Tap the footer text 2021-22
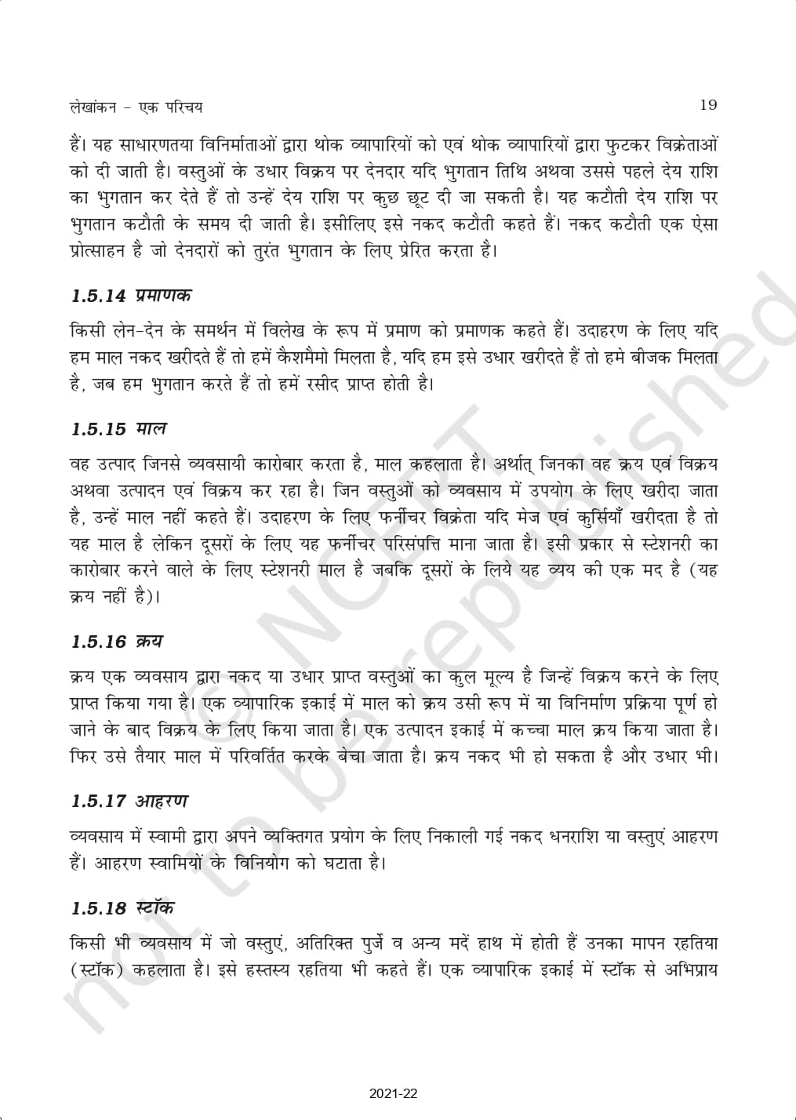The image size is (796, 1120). click(x=398, y=1092)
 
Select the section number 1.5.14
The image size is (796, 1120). click(x=97, y=296)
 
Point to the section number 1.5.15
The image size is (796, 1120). click(x=97, y=429)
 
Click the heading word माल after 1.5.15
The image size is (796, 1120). click(x=151, y=429)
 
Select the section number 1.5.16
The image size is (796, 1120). click(x=97, y=641)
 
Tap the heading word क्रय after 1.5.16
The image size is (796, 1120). click(x=148, y=641)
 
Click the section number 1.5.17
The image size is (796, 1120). click(x=97, y=802)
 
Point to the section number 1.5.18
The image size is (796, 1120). click(x=97, y=908)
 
